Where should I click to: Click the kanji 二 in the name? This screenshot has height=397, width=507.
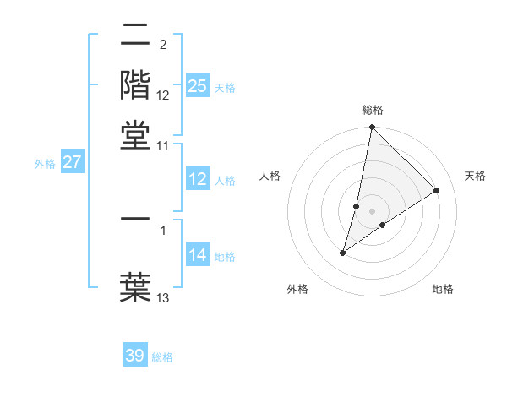[135, 35]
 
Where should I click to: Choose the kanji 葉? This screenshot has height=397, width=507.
[135, 286]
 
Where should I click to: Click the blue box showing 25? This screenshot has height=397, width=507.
[197, 86]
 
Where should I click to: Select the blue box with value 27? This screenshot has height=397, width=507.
[72, 162]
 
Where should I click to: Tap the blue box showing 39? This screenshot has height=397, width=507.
[135, 356]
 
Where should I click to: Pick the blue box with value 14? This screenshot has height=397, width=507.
[197, 255]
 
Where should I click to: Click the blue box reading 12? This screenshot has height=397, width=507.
[197, 179]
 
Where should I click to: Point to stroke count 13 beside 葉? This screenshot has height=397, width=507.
[163, 297]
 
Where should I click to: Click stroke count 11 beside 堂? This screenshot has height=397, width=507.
[163, 145]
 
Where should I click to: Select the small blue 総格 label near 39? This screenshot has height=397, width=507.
[162, 357]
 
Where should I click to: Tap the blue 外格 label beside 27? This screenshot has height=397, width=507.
[45, 164]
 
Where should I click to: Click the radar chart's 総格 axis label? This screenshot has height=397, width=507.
[373, 110]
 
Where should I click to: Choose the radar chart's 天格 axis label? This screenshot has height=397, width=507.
[475, 176]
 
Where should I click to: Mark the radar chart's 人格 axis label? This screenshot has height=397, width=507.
[270, 176]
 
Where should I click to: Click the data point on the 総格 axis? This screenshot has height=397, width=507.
[372, 128]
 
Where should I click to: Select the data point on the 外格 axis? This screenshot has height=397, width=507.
[342, 253]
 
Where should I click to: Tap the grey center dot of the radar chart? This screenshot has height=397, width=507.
[372, 211]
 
